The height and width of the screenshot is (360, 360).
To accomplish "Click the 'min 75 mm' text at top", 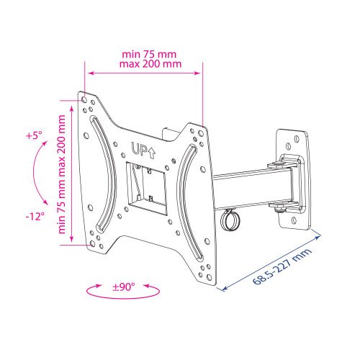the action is tap(149, 55).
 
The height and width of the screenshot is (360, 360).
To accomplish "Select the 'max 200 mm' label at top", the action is tap(150, 64).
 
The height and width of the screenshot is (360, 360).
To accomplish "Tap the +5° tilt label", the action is tap(34, 136).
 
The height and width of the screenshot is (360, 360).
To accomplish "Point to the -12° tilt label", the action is tap(35, 217).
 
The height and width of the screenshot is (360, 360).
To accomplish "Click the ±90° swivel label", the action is tap(124, 287).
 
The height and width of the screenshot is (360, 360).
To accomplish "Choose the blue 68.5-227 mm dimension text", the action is tap(282, 266).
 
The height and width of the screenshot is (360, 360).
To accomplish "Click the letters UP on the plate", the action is tap(139, 149).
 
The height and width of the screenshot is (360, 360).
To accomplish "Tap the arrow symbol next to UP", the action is tap(151, 153).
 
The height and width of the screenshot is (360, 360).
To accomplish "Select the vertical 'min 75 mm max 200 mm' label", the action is tap(62, 174).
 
